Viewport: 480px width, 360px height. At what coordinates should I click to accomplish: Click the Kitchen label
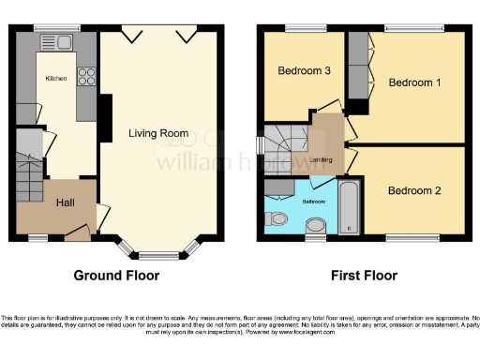[x=57, y=79]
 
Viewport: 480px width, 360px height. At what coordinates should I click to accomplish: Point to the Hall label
[x=66, y=202]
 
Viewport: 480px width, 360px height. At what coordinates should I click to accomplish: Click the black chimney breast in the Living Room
[x=105, y=120]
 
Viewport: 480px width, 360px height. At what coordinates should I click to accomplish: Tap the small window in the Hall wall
[x=37, y=235]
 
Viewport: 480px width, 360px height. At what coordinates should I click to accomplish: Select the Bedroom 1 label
[x=414, y=82]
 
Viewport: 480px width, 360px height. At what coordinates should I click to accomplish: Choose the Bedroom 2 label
[x=415, y=191]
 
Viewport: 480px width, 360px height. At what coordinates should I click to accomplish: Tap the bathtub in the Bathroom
[x=350, y=208]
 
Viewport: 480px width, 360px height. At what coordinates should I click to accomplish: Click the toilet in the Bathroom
[x=277, y=218]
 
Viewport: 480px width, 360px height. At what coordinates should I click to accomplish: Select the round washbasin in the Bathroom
[x=316, y=224]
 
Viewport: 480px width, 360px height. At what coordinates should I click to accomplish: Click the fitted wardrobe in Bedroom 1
[x=359, y=67]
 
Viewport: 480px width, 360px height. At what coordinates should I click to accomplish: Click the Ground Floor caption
[x=117, y=276]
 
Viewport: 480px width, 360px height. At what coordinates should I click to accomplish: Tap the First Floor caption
[x=364, y=276]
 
